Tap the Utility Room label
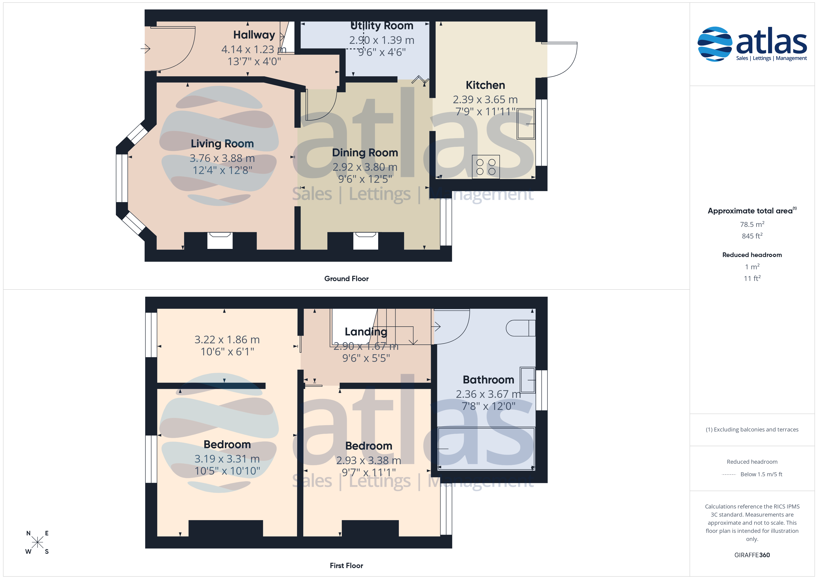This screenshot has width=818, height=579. coord(382,26)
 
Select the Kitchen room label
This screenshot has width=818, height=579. coord(485,85)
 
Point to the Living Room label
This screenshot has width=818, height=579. coord(222,144)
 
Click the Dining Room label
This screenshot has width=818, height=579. coord(365,153)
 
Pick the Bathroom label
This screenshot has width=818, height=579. coord(489,380)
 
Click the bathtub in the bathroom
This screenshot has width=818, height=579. coord(486,448)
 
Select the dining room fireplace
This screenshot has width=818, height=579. coord(366,241)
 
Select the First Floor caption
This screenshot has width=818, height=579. coord(346,566)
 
